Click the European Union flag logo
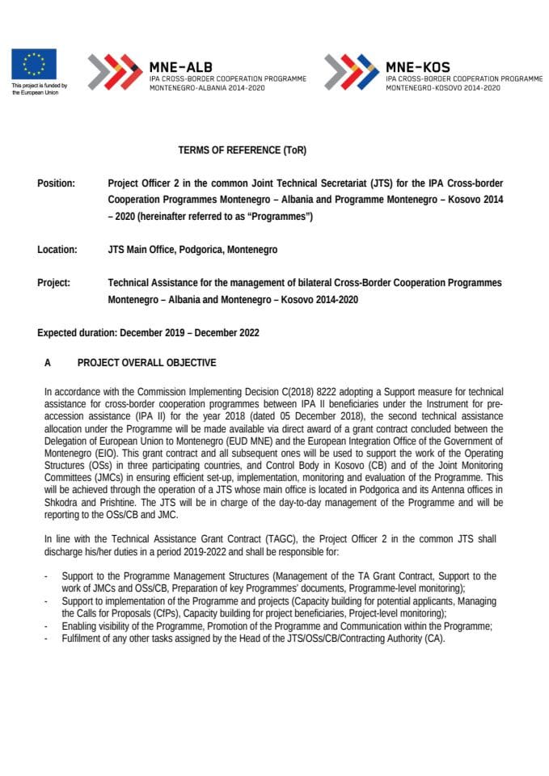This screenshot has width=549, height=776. tap(34, 64)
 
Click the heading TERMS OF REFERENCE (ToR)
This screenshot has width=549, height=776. tap(243, 150)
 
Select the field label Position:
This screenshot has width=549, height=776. tap(56, 183)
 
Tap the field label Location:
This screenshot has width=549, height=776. tap(57, 250)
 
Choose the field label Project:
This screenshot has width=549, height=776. tap(53, 283)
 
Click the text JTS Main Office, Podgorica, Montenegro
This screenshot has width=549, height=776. tap(192, 250)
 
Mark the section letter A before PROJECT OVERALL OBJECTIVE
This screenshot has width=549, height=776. tap(48, 363)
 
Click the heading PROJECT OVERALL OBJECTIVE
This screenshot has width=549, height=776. tap(146, 363)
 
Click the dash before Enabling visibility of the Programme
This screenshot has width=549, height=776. tap(47, 626)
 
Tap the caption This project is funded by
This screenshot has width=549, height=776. tap(39, 86)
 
